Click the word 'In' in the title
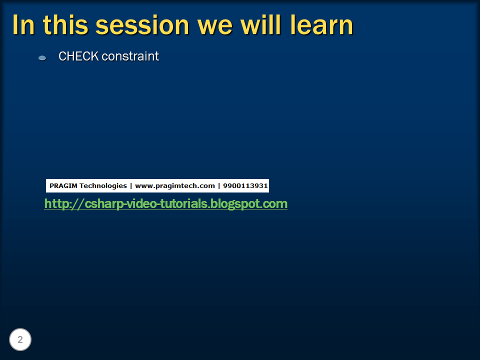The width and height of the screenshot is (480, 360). tap(23, 25)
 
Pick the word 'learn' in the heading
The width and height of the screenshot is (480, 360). tap(322, 25)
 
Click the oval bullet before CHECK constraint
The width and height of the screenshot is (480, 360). tap(42, 58)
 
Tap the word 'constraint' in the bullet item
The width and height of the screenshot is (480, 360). tap(130, 56)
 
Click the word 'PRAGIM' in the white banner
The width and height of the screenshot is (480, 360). tap(63, 186)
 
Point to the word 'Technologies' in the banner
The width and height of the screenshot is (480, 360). tap(103, 186)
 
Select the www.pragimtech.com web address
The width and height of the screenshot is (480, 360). tap(174, 186)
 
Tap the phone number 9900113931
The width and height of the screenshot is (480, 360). tap(245, 186)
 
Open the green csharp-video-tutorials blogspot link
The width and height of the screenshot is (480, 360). tap(165, 204)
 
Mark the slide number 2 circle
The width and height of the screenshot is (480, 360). tap(20, 340)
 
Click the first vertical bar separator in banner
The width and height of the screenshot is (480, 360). tap(131, 186)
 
